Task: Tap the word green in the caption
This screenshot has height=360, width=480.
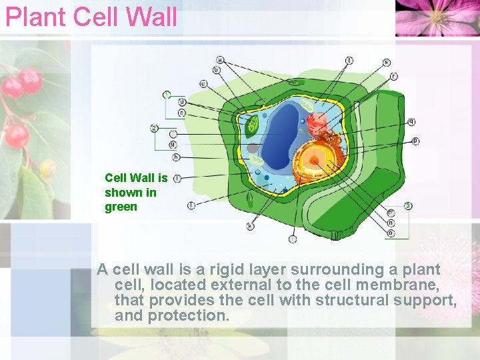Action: click(x=121, y=207)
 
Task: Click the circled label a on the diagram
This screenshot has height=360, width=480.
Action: click(x=220, y=60)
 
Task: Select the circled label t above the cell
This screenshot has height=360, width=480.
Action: click(x=349, y=61)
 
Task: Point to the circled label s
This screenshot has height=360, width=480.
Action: click(x=387, y=63)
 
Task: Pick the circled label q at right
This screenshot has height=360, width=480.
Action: click(x=412, y=121)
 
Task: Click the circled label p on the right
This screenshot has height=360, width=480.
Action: click(x=416, y=141)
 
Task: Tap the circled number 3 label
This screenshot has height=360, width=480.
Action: click(x=408, y=205)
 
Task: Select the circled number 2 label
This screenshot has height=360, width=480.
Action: click(x=154, y=128)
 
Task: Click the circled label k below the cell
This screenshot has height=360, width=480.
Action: click(x=250, y=226)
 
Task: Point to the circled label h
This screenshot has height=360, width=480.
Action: click(x=176, y=157)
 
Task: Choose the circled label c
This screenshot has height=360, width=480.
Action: click(x=203, y=84)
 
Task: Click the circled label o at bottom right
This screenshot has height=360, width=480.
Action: click(x=391, y=233)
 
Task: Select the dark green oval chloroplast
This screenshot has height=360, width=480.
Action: click(x=253, y=125)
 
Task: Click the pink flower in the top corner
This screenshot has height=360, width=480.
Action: click(x=437, y=17)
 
